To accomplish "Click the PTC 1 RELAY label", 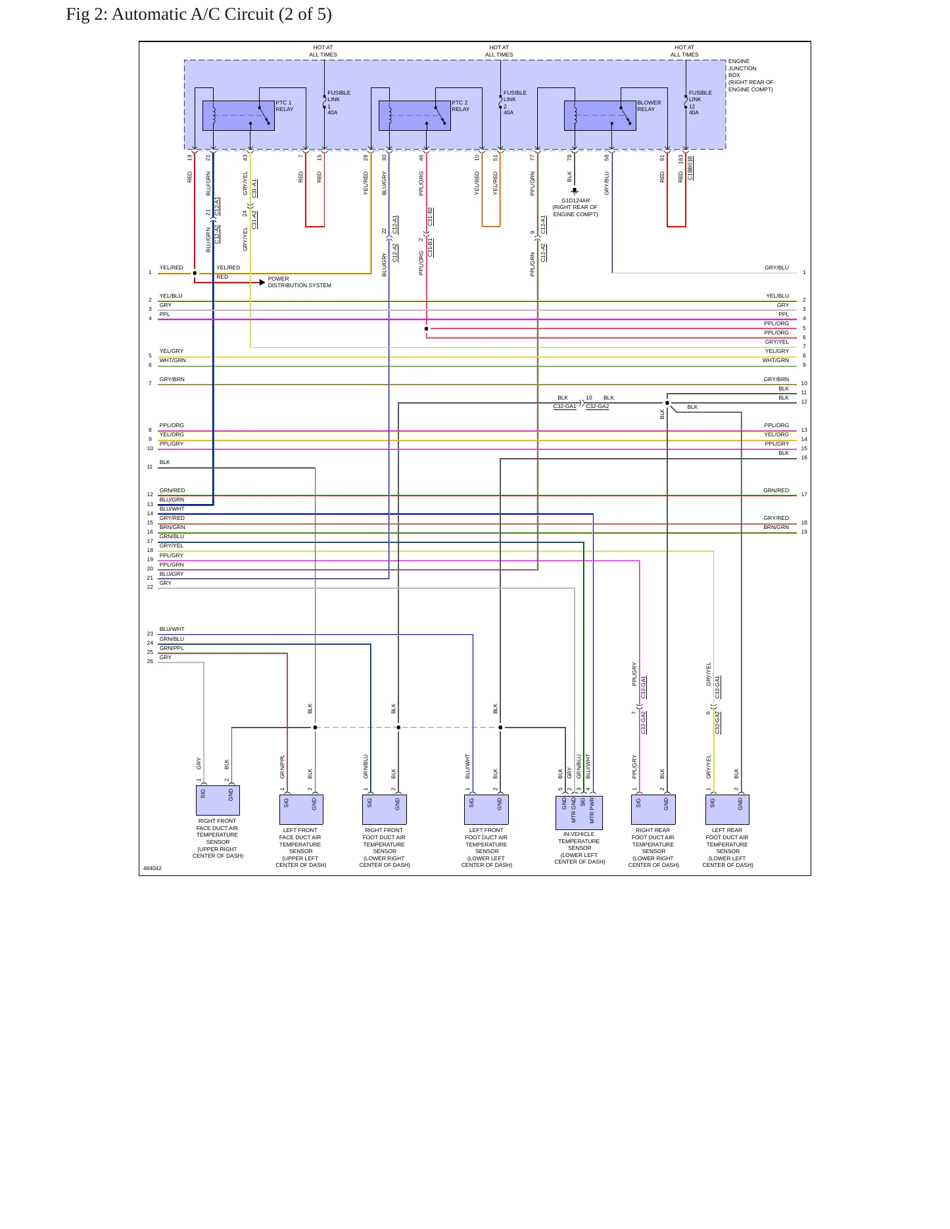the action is point(284,106).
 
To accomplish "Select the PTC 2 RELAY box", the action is point(415,116).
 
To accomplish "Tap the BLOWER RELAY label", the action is point(649,106).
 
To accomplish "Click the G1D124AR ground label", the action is point(575,200).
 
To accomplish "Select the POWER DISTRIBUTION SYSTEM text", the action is point(299,282).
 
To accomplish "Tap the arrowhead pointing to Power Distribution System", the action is point(262,283).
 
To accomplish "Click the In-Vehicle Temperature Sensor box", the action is point(579,812).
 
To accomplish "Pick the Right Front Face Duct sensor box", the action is point(218,800).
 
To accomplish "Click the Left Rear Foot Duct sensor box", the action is point(727,810).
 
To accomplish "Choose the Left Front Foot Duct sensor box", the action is point(487,810).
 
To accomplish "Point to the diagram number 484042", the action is point(153,868).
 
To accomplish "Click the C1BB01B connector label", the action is point(690,168).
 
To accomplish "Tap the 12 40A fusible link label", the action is point(694,109).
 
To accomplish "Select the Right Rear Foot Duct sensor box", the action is point(653,810).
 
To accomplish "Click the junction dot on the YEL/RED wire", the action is point(195,273).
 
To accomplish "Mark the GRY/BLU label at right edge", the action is point(776,267).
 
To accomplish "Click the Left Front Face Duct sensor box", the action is point(301,810).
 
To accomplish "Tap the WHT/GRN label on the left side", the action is point(172,360).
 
